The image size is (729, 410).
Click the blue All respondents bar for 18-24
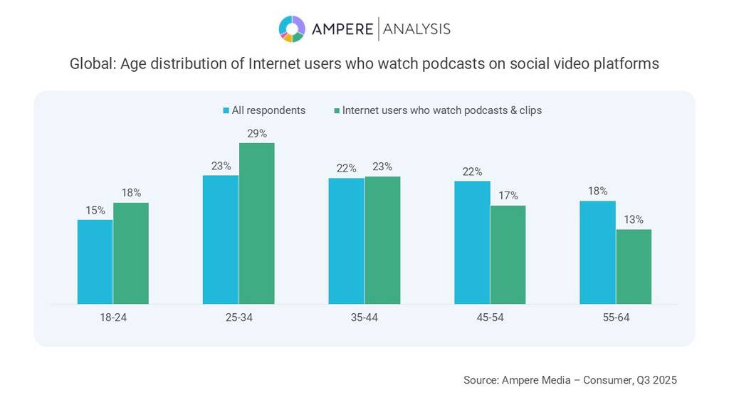[95, 261]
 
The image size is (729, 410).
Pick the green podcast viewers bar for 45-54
[508, 254]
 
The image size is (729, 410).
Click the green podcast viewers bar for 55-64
[634, 266]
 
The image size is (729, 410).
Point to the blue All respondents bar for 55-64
[597, 252]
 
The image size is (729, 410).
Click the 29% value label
[257, 133]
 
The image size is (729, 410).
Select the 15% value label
[95, 210]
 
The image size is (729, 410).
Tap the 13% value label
[634, 219]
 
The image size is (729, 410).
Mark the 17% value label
[508, 196]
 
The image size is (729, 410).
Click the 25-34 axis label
[238, 317]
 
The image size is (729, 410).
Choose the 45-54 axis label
[490, 317]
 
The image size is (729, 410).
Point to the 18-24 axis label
[112, 317]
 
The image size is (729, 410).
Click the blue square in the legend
[226, 110]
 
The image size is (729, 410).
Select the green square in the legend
[336, 110]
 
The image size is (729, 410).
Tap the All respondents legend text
[268, 110]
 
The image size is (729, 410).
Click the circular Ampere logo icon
[292, 28]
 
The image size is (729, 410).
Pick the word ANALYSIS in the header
[416, 29]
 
